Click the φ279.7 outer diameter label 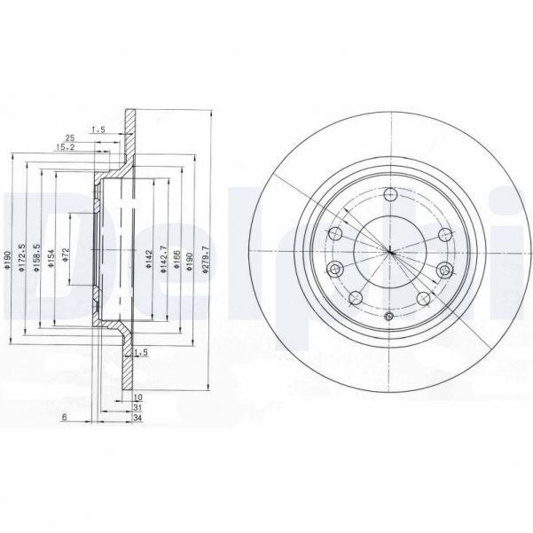coord(207,259)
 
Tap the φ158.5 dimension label coord(38,259)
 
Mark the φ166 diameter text coord(178,259)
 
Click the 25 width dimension coord(69,137)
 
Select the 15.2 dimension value coord(65,147)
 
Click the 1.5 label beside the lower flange coord(137,352)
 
